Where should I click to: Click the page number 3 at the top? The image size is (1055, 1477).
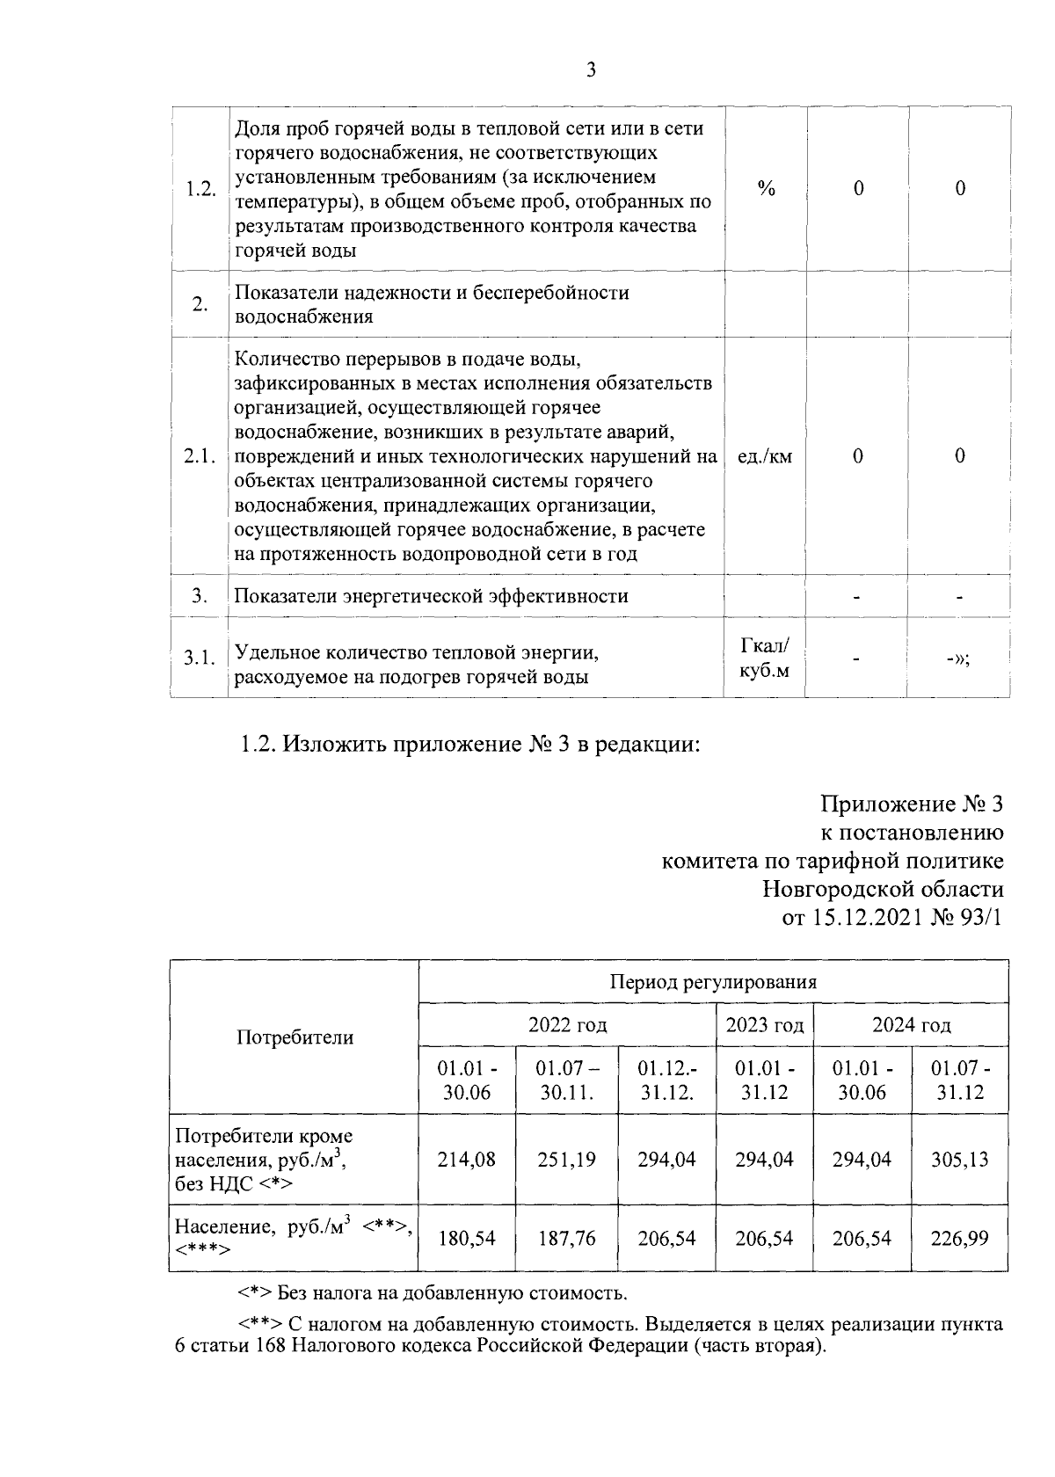coord(591,71)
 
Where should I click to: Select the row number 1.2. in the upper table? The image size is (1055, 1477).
coord(200,189)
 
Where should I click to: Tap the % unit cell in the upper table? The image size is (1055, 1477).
coord(766,188)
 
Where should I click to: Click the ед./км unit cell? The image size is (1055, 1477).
coord(764,456)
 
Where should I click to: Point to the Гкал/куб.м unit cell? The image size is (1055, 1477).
coord(764,658)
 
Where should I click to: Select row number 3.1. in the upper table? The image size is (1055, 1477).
coord(200,658)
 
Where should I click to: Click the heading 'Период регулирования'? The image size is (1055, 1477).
coord(713,982)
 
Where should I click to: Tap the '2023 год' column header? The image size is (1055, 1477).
coord(764,1025)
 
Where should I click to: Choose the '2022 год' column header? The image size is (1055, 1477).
coord(567,1025)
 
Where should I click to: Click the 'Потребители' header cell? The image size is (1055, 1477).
coord(295,1037)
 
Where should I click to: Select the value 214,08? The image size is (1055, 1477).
coord(467,1160)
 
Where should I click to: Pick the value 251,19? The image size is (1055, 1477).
coord(566,1160)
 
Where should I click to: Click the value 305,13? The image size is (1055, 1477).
coord(959,1160)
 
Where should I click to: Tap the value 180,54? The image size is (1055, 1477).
coord(467,1239)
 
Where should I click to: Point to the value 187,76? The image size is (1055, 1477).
coord(566,1239)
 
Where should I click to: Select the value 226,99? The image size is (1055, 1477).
coord(959,1239)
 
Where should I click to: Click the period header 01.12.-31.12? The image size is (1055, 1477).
coord(666,1081)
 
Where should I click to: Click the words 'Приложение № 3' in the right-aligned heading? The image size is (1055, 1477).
coord(912,804)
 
